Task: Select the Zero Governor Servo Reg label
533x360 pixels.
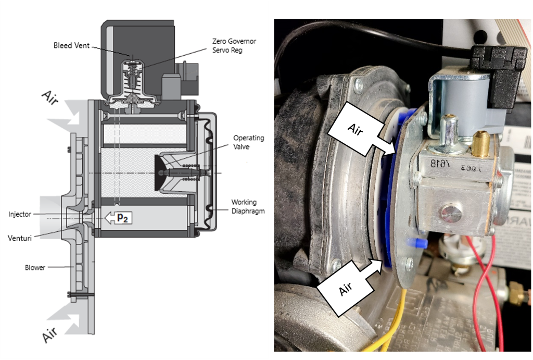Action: [x=234, y=45]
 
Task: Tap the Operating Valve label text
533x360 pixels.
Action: [x=248, y=142]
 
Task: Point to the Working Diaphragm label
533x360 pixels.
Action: [x=248, y=206]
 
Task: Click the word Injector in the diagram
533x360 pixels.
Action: [x=20, y=214]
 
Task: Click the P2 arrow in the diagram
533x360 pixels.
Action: [x=118, y=218]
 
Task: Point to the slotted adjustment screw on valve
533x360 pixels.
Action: [x=450, y=213]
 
